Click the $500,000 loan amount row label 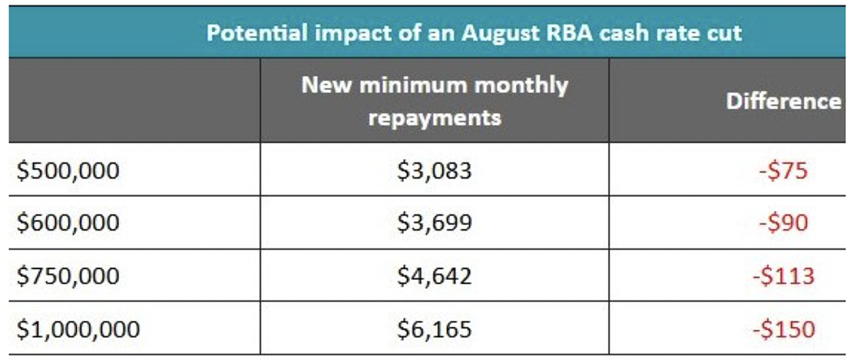(67, 171)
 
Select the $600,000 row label (67, 224)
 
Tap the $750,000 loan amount (67, 275)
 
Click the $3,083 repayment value (434, 171)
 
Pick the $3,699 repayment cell (434, 224)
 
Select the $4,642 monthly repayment (434, 275)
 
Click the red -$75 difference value (783, 171)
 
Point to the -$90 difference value (783, 224)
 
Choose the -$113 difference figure (783, 275)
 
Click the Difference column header (783, 101)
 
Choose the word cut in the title (725, 34)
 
